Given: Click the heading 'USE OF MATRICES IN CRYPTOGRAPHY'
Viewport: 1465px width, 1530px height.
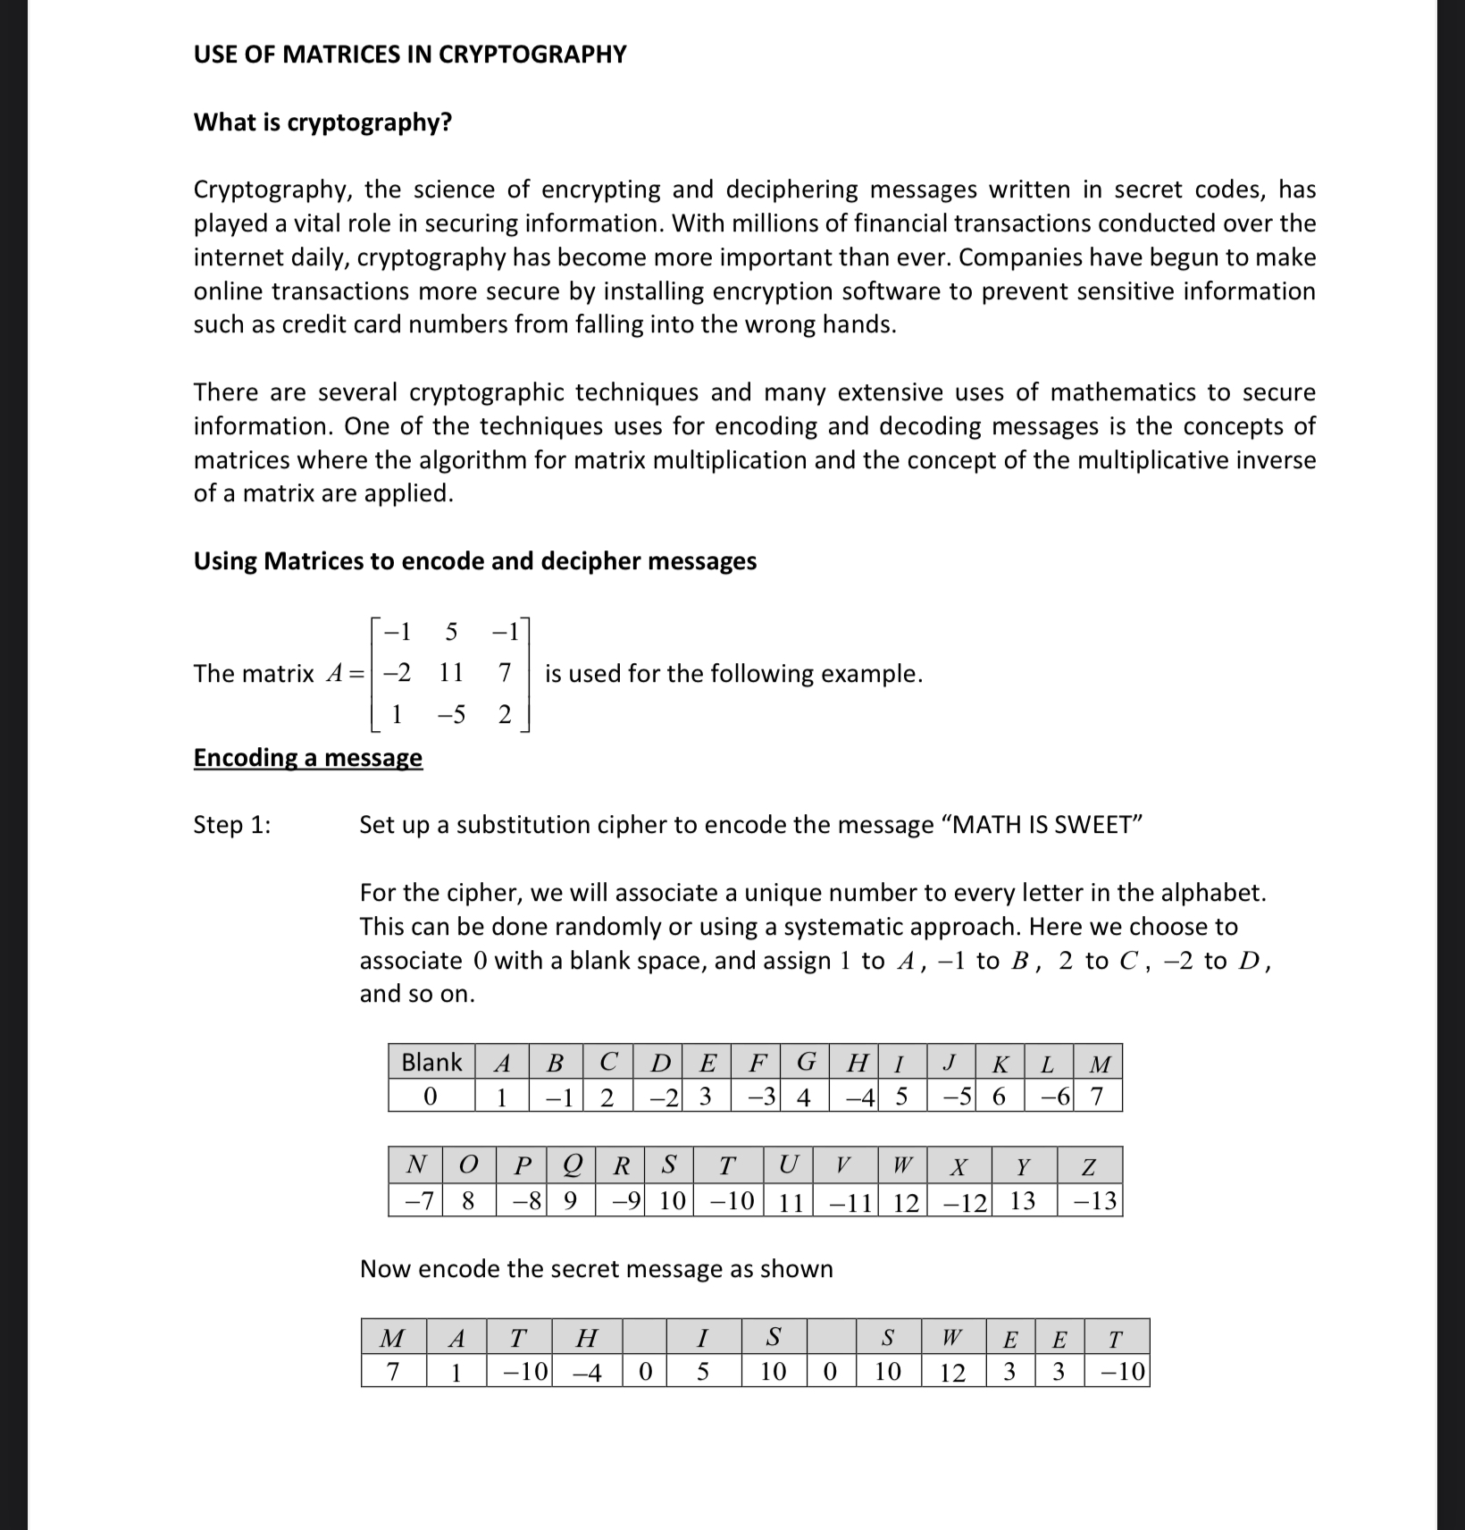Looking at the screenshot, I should click(410, 55).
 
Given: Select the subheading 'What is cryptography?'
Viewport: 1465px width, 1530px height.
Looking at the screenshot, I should click(322, 122).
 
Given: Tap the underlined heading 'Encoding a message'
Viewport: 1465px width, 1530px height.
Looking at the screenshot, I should click(307, 758).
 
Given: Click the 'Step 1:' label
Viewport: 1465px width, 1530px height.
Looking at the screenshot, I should click(232, 825).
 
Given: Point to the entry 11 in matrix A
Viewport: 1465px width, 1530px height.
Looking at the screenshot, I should click(451, 672).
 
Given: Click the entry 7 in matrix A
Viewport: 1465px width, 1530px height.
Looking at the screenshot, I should click(504, 672).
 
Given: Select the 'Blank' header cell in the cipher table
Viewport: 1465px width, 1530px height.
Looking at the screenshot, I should click(431, 1062).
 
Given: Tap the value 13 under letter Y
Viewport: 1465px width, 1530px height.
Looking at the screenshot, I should click(1023, 1201).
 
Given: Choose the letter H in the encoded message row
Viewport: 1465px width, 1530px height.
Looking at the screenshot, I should click(586, 1338).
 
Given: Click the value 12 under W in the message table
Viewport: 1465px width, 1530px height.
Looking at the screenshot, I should click(952, 1372).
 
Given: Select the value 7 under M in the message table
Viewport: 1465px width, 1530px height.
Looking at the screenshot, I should click(392, 1372).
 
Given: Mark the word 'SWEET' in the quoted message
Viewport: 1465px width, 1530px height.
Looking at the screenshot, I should click(1092, 825).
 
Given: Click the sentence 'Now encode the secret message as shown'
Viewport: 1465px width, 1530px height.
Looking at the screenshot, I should click(596, 1269).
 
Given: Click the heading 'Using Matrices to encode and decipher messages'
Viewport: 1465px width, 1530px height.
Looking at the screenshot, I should click(474, 561).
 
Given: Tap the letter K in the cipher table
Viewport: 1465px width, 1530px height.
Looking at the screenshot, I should click(1000, 1063).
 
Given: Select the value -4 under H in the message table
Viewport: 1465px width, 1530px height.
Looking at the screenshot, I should click(586, 1372).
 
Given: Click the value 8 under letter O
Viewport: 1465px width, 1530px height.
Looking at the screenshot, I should click(468, 1201).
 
